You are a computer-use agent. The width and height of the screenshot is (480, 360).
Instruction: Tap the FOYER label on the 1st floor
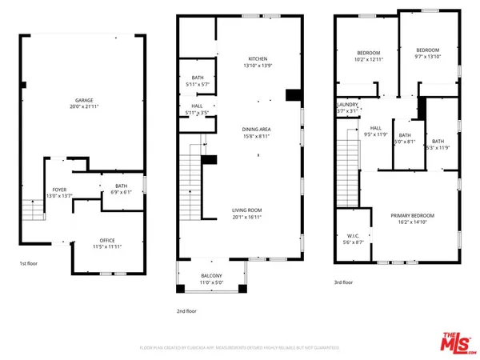pyautogui.click(x=59, y=190)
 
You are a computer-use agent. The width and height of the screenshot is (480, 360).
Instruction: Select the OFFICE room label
pyautogui.click(x=107, y=240)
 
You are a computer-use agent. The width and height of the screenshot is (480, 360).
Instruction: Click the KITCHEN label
pyautogui.click(x=258, y=58)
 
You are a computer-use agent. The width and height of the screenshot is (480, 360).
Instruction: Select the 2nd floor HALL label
pyautogui.click(x=197, y=106)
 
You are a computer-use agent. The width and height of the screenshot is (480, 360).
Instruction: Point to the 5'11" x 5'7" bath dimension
pyautogui.click(x=197, y=84)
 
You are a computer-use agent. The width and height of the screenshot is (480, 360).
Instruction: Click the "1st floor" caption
pyautogui.click(x=30, y=262)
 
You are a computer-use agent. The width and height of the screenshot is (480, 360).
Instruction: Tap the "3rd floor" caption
pyautogui.click(x=343, y=282)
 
